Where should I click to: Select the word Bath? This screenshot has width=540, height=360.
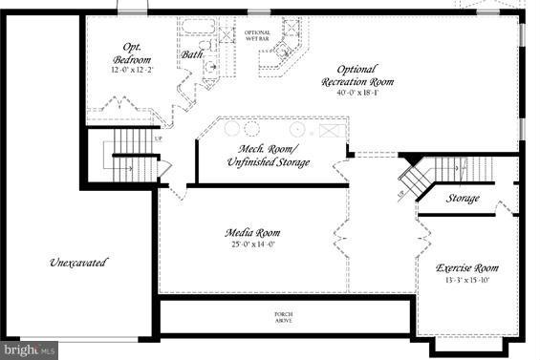pyautogui.click(x=192, y=54)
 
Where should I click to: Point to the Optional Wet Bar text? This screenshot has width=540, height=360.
pyautogui.click(x=257, y=35)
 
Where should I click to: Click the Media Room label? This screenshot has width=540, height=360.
pyautogui.click(x=252, y=233)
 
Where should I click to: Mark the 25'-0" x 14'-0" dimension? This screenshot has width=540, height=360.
pyautogui.click(x=252, y=244)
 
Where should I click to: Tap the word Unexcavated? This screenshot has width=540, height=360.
pyautogui.click(x=78, y=262)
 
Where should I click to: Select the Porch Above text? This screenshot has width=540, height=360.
pyautogui.click(x=285, y=317)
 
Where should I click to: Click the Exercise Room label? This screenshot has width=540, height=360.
pyautogui.click(x=466, y=268)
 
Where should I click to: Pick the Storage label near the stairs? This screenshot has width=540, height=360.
pyautogui.click(x=464, y=199)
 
